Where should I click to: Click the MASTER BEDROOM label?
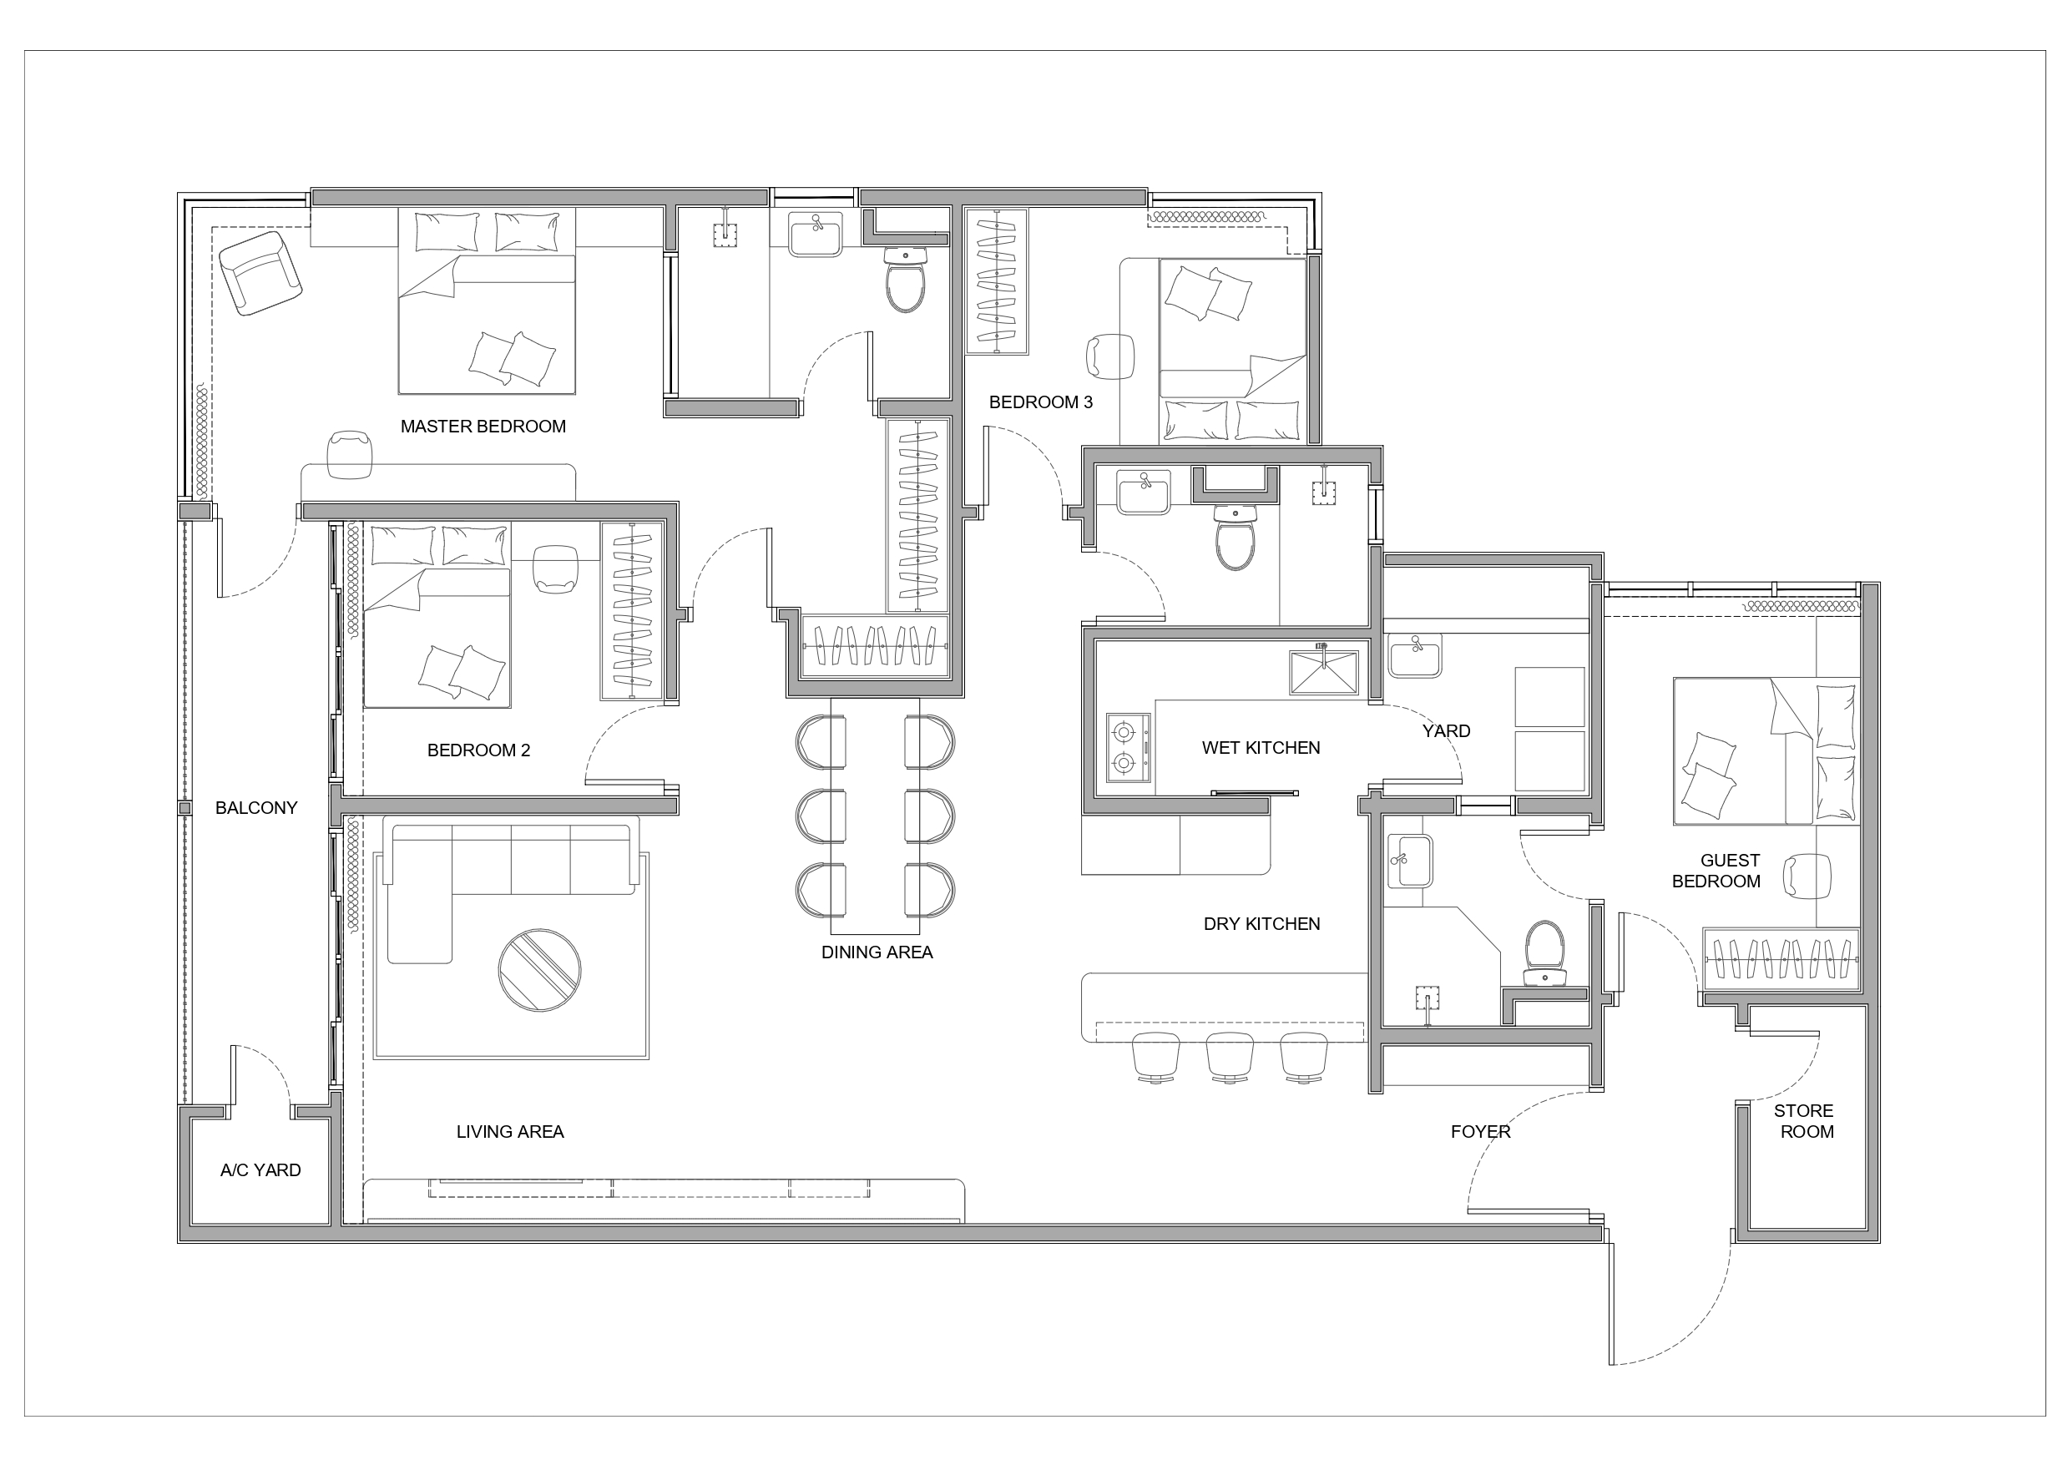[483, 426]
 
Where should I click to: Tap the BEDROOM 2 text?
[478, 750]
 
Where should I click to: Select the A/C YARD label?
[260, 1169]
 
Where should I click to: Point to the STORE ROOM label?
[1804, 1121]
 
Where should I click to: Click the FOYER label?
[1480, 1131]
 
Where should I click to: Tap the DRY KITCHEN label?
[1261, 923]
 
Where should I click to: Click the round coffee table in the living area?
[539, 970]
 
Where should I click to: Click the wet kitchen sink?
[1324, 673]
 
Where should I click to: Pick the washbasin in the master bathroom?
[816, 235]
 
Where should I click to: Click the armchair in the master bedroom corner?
[260, 274]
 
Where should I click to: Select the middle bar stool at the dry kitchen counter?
[1230, 1057]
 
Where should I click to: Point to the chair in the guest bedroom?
[1807, 876]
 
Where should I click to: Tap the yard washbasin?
[1415, 655]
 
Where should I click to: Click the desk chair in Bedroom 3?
[1110, 356]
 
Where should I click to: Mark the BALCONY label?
[256, 808]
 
